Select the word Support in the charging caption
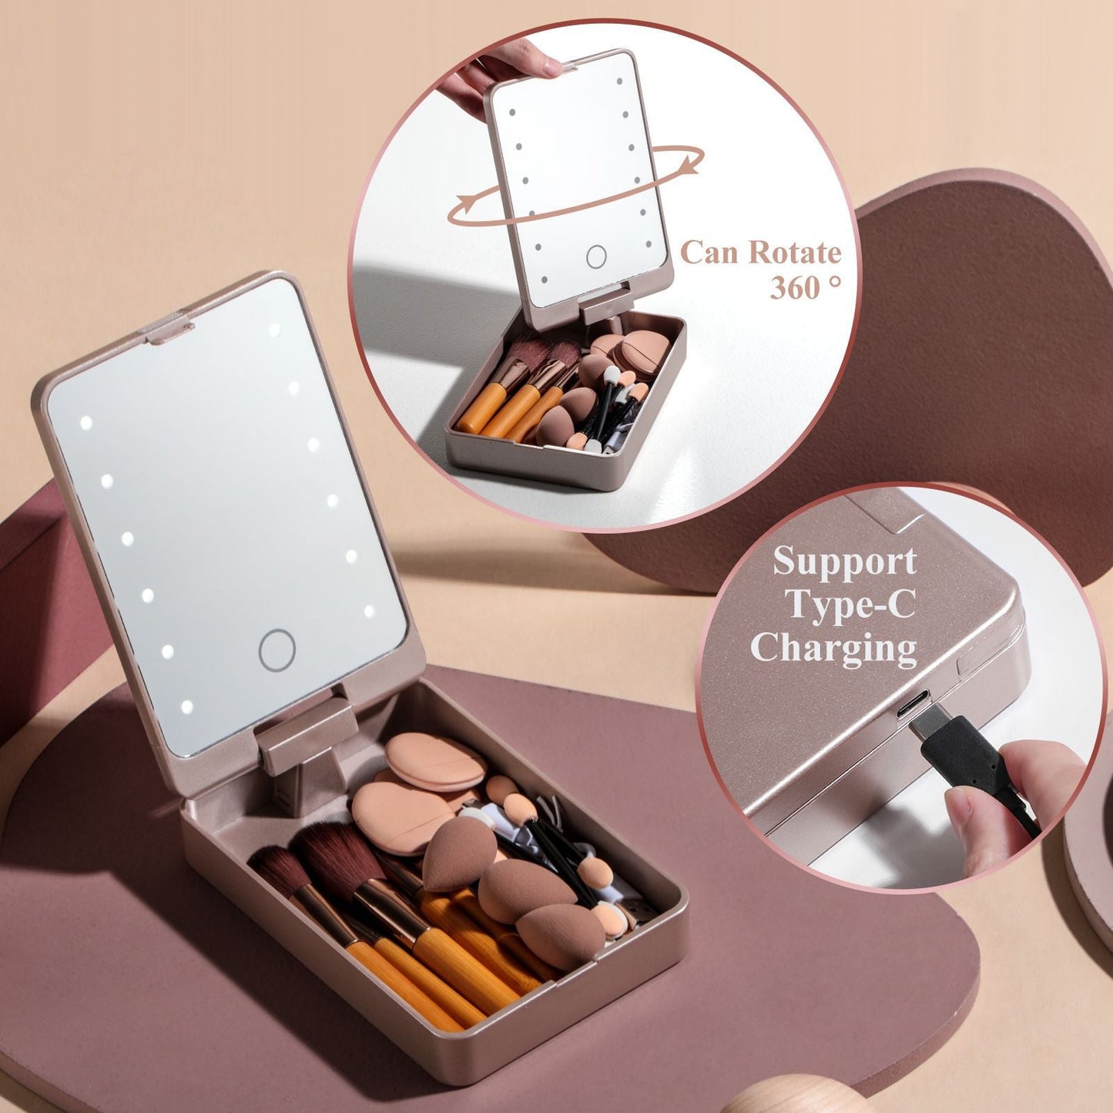(844, 562)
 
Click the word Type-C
(850, 605)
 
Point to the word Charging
(833, 648)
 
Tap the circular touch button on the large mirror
(277, 650)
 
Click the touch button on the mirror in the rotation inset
(596, 256)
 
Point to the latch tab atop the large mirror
(166, 330)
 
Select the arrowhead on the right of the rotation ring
(696, 163)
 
